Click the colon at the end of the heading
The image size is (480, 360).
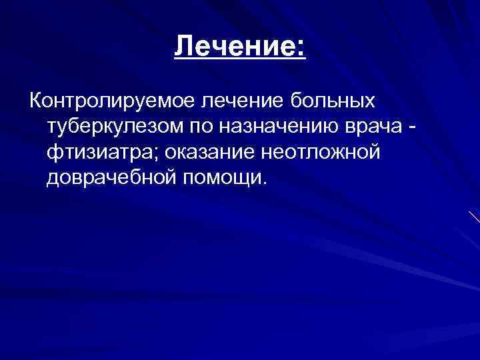(301, 49)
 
